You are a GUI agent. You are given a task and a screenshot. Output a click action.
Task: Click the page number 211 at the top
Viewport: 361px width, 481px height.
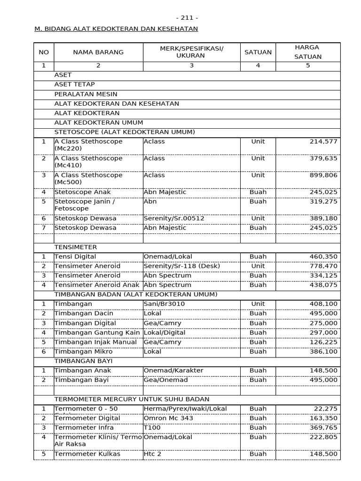187,18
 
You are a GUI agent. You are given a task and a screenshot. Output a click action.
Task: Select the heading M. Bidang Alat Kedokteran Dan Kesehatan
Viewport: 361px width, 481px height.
116,29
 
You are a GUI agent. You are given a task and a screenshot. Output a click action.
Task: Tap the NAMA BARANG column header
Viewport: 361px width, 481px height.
98,52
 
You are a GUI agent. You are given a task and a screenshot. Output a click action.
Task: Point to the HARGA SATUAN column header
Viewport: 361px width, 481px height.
308,52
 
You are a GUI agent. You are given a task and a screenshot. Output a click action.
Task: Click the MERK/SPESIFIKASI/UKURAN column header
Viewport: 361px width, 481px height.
191,52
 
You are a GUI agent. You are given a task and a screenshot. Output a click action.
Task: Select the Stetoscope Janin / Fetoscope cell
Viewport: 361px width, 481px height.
85,205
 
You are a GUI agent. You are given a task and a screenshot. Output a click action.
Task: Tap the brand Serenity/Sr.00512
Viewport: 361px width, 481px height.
173,218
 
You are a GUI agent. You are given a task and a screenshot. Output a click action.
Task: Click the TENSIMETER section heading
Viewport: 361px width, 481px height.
76,247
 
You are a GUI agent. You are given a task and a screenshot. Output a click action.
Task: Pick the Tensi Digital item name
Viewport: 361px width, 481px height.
75,257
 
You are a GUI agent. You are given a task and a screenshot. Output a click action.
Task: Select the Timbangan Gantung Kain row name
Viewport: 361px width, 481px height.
97,333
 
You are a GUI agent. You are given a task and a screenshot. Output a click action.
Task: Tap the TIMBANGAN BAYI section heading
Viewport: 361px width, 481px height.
84,361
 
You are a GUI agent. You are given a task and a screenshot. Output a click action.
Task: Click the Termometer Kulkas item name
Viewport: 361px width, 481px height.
87,454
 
